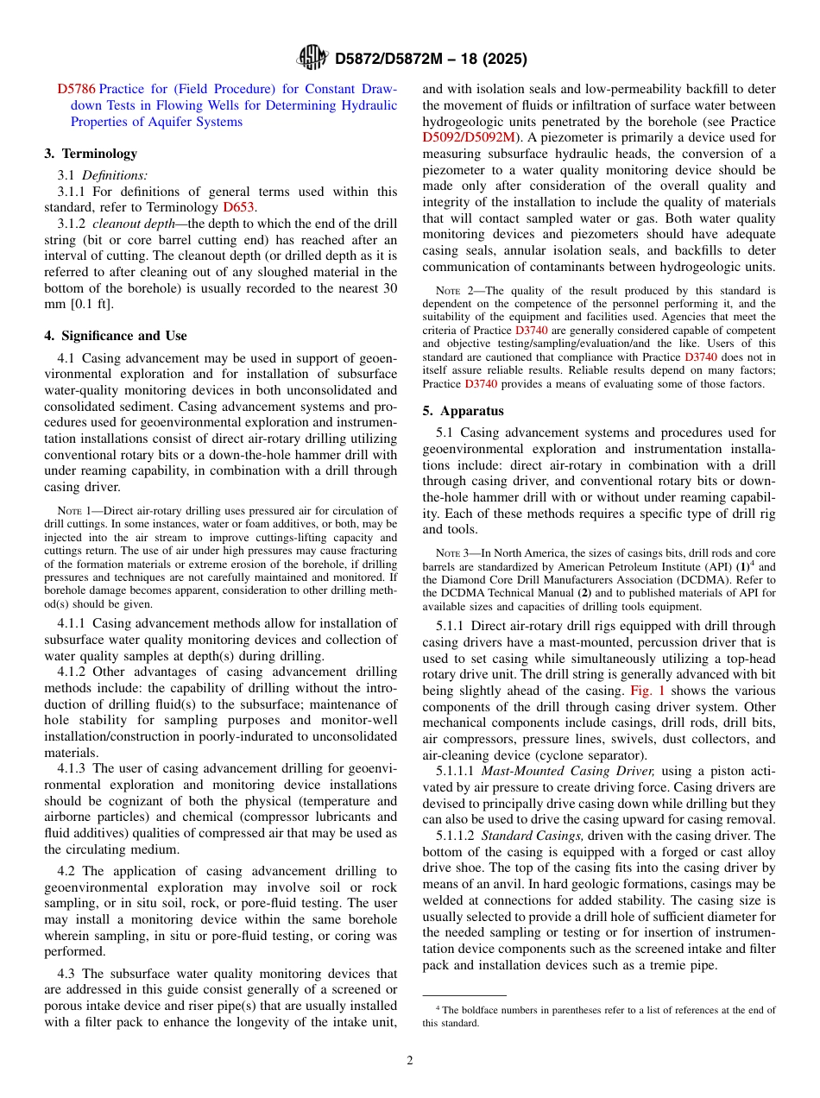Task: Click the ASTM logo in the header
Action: (312, 58)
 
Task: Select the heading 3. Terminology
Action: (91, 154)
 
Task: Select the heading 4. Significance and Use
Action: (116, 336)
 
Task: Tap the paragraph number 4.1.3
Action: (73, 767)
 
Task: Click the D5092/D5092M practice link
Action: (470, 137)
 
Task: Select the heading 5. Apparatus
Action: (464, 411)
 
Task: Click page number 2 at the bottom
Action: (410, 1060)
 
